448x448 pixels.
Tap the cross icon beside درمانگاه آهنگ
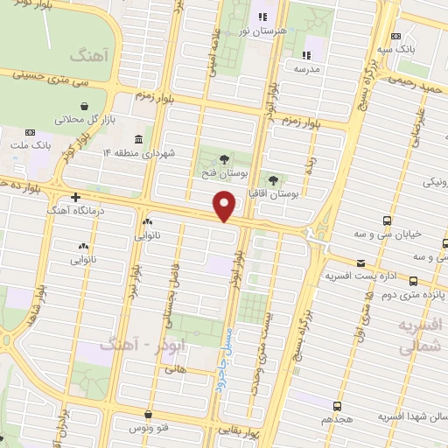click(76, 198)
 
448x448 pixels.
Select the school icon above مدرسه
click(308, 53)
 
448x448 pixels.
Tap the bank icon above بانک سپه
click(396, 36)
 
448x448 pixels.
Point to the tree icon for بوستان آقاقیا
click(274, 178)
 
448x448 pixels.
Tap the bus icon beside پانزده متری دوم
click(413, 281)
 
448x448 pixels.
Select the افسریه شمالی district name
click(421, 336)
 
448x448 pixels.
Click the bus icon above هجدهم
click(337, 406)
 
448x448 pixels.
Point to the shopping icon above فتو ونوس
click(149, 414)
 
